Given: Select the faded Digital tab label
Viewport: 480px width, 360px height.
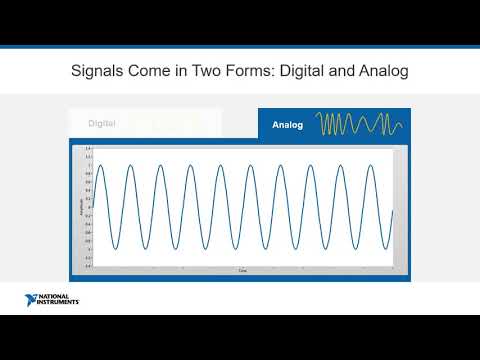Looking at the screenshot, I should click(x=102, y=124).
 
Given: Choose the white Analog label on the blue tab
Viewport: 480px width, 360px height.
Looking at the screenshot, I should click(x=289, y=126).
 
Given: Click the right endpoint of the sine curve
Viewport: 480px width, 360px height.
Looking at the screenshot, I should click(x=393, y=210).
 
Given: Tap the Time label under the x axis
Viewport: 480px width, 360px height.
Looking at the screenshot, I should click(x=241, y=271).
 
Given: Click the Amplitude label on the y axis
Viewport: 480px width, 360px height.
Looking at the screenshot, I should click(x=82, y=207).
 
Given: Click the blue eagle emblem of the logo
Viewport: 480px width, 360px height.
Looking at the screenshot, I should click(x=32, y=299).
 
